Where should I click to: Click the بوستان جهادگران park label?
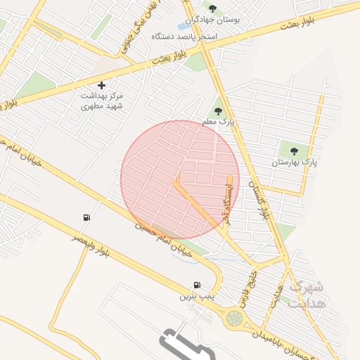coord(215,20)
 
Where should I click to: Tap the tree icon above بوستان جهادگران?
coord(212,8)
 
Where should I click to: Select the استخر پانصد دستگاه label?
coord(211,35)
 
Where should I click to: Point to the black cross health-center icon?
coord(102,85)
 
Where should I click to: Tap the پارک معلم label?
coord(217,122)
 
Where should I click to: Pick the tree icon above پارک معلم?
coord(218,110)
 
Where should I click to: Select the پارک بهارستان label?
coord(295,162)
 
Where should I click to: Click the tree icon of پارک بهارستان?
coord(294,150)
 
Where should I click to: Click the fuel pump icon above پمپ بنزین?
coord(196,285)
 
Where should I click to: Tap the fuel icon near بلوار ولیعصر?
coord(86,217)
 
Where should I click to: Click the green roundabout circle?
coord(234,319)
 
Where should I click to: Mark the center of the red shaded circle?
coord(180,179)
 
